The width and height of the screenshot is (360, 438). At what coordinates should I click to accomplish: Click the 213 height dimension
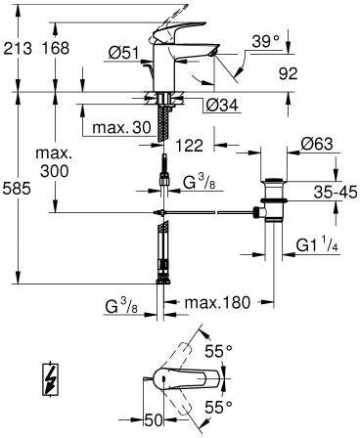pos(18,48)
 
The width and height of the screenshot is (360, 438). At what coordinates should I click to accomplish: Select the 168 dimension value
pos(56,48)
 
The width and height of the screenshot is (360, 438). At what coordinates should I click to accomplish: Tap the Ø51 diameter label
pos(124,53)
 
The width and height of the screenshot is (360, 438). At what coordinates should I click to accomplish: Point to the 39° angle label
pos(266,41)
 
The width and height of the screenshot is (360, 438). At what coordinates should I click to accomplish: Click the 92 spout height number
pos(289,74)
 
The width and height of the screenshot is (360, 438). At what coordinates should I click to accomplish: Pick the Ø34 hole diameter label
pos(223,105)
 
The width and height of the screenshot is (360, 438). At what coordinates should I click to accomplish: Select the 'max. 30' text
pos(121,128)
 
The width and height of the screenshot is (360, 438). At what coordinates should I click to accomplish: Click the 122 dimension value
pos(189,145)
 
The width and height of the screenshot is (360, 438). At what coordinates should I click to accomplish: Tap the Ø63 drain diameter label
pos(317,144)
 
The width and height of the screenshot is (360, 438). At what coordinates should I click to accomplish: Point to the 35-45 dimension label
pos(336,193)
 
